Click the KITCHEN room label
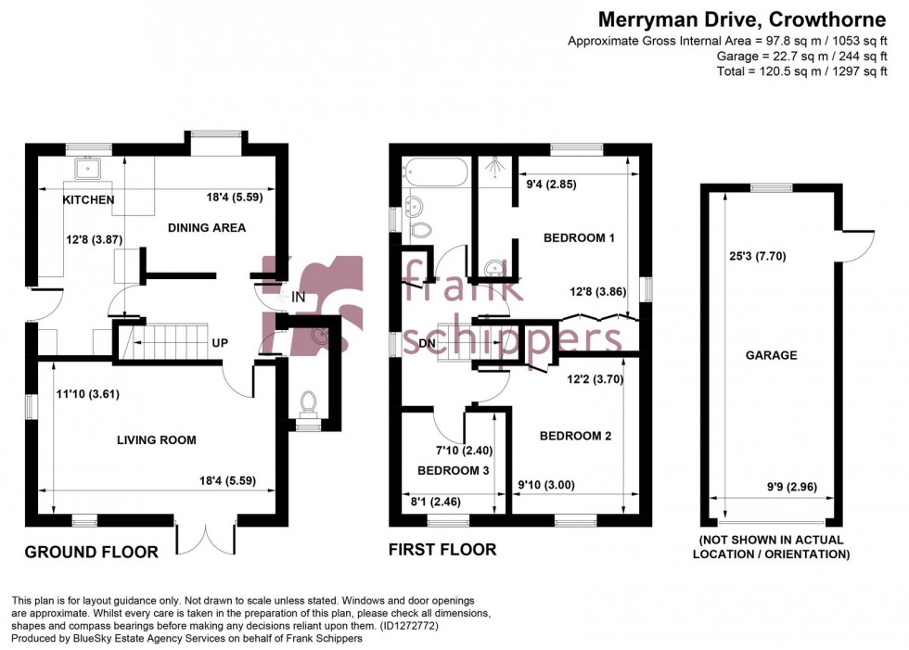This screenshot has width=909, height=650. pyautogui.click(x=88, y=200)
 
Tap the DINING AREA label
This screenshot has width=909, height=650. pyautogui.click(x=206, y=228)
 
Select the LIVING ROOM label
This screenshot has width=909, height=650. pyautogui.click(x=157, y=440)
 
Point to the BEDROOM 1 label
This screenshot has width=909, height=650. pyautogui.click(x=579, y=238)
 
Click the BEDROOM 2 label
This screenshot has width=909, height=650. pyautogui.click(x=575, y=436)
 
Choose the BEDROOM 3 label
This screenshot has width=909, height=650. pyautogui.click(x=454, y=470)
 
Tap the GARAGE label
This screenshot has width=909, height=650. pyautogui.click(x=771, y=355)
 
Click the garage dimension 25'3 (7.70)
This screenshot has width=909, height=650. pyautogui.click(x=757, y=257)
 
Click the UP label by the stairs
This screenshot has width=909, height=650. pyautogui.click(x=220, y=343)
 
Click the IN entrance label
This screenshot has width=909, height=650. pyautogui.click(x=299, y=298)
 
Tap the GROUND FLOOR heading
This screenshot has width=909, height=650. pyautogui.click(x=91, y=552)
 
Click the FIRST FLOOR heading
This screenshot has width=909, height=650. pyautogui.click(x=442, y=550)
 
